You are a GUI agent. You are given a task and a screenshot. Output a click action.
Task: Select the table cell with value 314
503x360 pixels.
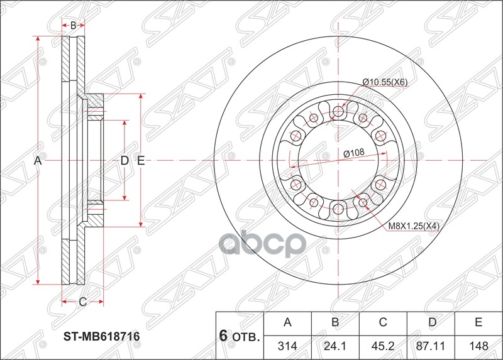[x=287, y=346]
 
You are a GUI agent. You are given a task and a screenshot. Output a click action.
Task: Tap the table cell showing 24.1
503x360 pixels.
[x=335, y=346]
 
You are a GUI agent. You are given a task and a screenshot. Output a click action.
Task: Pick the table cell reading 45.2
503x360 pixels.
[x=383, y=346]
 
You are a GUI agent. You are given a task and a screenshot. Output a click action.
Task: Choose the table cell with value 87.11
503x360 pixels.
[x=431, y=346]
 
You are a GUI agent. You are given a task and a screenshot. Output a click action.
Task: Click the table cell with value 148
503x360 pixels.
[x=478, y=346]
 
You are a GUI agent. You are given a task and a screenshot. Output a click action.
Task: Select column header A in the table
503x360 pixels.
[x=287, y=323]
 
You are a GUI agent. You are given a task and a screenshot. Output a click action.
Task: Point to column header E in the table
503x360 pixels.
[x=478, y=323]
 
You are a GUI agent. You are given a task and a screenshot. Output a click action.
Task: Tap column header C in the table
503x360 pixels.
[x=383, y=323]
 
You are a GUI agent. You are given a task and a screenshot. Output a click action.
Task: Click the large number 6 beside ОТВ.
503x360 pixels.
[x=223, y=335]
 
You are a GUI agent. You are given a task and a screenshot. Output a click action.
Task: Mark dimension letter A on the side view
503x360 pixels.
[x=38, y=161]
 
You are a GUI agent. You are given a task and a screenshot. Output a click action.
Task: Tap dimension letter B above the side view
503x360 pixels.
[x=73, y=26]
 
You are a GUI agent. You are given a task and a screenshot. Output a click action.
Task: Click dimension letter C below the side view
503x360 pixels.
[x=82, y=302]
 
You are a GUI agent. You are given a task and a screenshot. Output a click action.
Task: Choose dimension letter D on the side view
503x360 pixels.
[x=124, y=161]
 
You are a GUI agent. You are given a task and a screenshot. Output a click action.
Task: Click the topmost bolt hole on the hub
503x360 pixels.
[x=338, y=112]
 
